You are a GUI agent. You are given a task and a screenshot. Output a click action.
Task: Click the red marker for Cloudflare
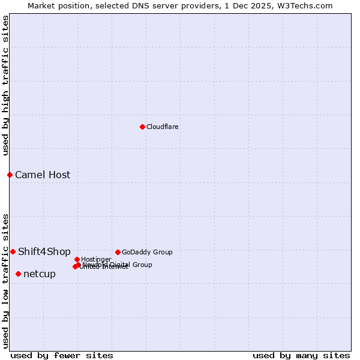[x=142, y=127]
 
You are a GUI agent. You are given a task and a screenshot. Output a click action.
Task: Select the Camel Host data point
[x=10, y=175]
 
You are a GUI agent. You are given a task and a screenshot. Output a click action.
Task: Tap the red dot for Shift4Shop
[x=13, y=251]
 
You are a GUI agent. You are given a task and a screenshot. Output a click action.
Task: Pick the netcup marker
[x=18, y=274]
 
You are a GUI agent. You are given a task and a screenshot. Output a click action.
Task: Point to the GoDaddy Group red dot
[x=118, y=252]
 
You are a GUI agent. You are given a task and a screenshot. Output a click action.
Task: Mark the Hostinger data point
[x=77, y=259]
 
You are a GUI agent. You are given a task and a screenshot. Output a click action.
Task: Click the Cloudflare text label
[x=163, y=127]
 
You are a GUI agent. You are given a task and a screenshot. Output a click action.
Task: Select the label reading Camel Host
[x=43, y=175]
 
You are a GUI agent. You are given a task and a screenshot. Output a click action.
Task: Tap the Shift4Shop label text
[x=44, y=251]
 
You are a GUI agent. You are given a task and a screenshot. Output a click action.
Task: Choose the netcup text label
[x=40, y=274]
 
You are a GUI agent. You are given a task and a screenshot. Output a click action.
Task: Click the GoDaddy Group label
[x=147, y=252]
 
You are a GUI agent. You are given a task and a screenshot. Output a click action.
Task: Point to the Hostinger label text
[x=97, y=259]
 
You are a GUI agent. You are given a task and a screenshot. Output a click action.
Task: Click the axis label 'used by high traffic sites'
[x=5, y=85]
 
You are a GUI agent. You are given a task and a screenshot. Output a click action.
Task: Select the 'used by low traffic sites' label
[x=5, y=280]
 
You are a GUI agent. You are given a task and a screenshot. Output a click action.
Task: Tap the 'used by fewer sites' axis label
[x=62, y=355]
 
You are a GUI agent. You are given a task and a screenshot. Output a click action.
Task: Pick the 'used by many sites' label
[x=301, y=355]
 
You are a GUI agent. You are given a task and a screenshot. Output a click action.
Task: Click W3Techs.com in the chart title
[x=307, y=5]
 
